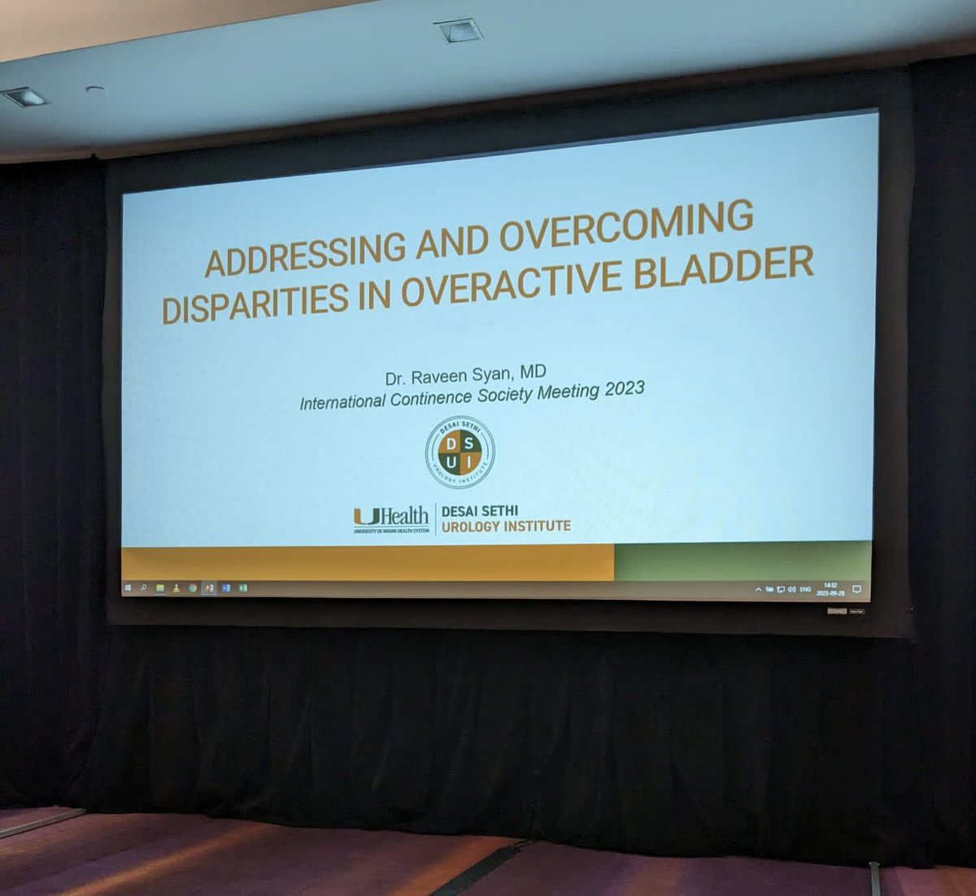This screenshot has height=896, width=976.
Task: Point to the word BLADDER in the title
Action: (724, 269)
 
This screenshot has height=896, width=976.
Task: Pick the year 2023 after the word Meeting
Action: (625, 390)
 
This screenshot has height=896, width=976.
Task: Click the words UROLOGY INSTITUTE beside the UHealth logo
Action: (506, 527)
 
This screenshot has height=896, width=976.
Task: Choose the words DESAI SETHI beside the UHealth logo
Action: (480, 511)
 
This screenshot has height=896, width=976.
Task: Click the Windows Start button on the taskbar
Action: (128, 587)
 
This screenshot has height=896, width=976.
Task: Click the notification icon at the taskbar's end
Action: (856, 589)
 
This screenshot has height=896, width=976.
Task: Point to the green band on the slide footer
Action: (742, 562)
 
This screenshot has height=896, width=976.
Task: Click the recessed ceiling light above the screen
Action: (459, 31)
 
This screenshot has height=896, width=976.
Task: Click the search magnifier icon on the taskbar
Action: (143, 587)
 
